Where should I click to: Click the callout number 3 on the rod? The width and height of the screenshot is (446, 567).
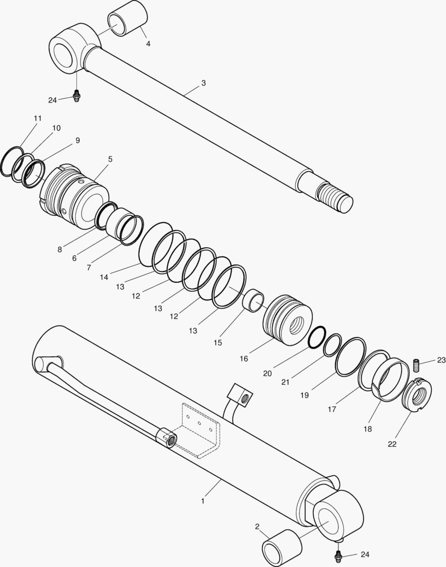click(204, 83)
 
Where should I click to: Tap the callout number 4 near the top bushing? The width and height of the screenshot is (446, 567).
click(148, 44)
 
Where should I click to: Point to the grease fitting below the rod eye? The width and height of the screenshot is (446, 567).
click(76, 96)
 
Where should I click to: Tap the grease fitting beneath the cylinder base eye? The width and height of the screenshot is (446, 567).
click(338, 554)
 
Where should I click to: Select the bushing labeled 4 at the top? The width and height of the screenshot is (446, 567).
click(128, 18)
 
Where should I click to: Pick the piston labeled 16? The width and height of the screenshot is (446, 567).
click(287, 318)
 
